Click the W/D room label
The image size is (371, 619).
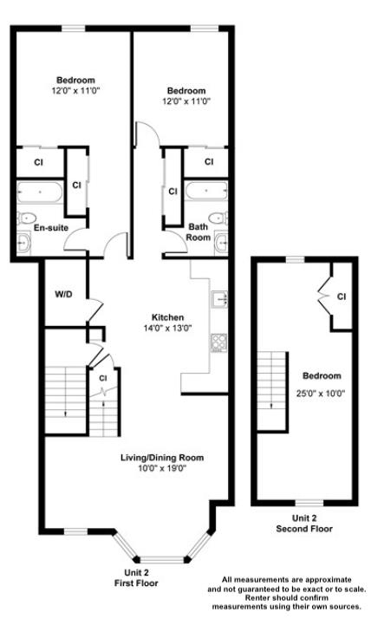[x=63, y=295]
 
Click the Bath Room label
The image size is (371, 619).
[x=199, y=232]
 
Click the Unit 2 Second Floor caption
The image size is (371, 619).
[x=303, y=523]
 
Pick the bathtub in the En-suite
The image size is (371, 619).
[x=39, y=192]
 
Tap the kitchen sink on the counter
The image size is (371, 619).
[x=218, y=301]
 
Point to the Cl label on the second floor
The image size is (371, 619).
[x=342, y=297]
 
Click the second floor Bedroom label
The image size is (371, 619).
[x=322, y=376]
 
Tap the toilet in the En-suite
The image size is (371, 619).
[x=24, y=217]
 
